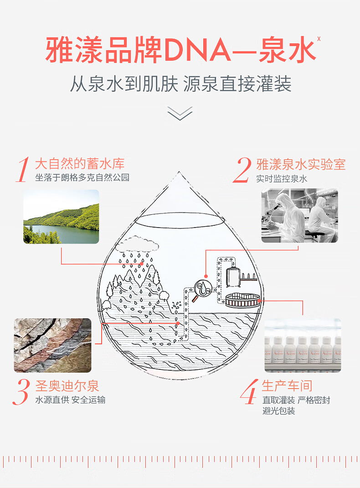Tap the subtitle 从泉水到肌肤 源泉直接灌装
180,85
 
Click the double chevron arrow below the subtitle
180,113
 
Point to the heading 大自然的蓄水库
80,164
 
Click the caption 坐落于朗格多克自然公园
82,177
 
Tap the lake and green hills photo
61,217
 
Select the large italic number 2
242,170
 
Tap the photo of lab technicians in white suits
299,215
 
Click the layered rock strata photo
52,345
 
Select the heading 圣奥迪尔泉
67,386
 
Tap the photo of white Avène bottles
303,345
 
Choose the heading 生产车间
287,385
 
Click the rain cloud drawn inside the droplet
137,247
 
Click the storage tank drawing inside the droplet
233,275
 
